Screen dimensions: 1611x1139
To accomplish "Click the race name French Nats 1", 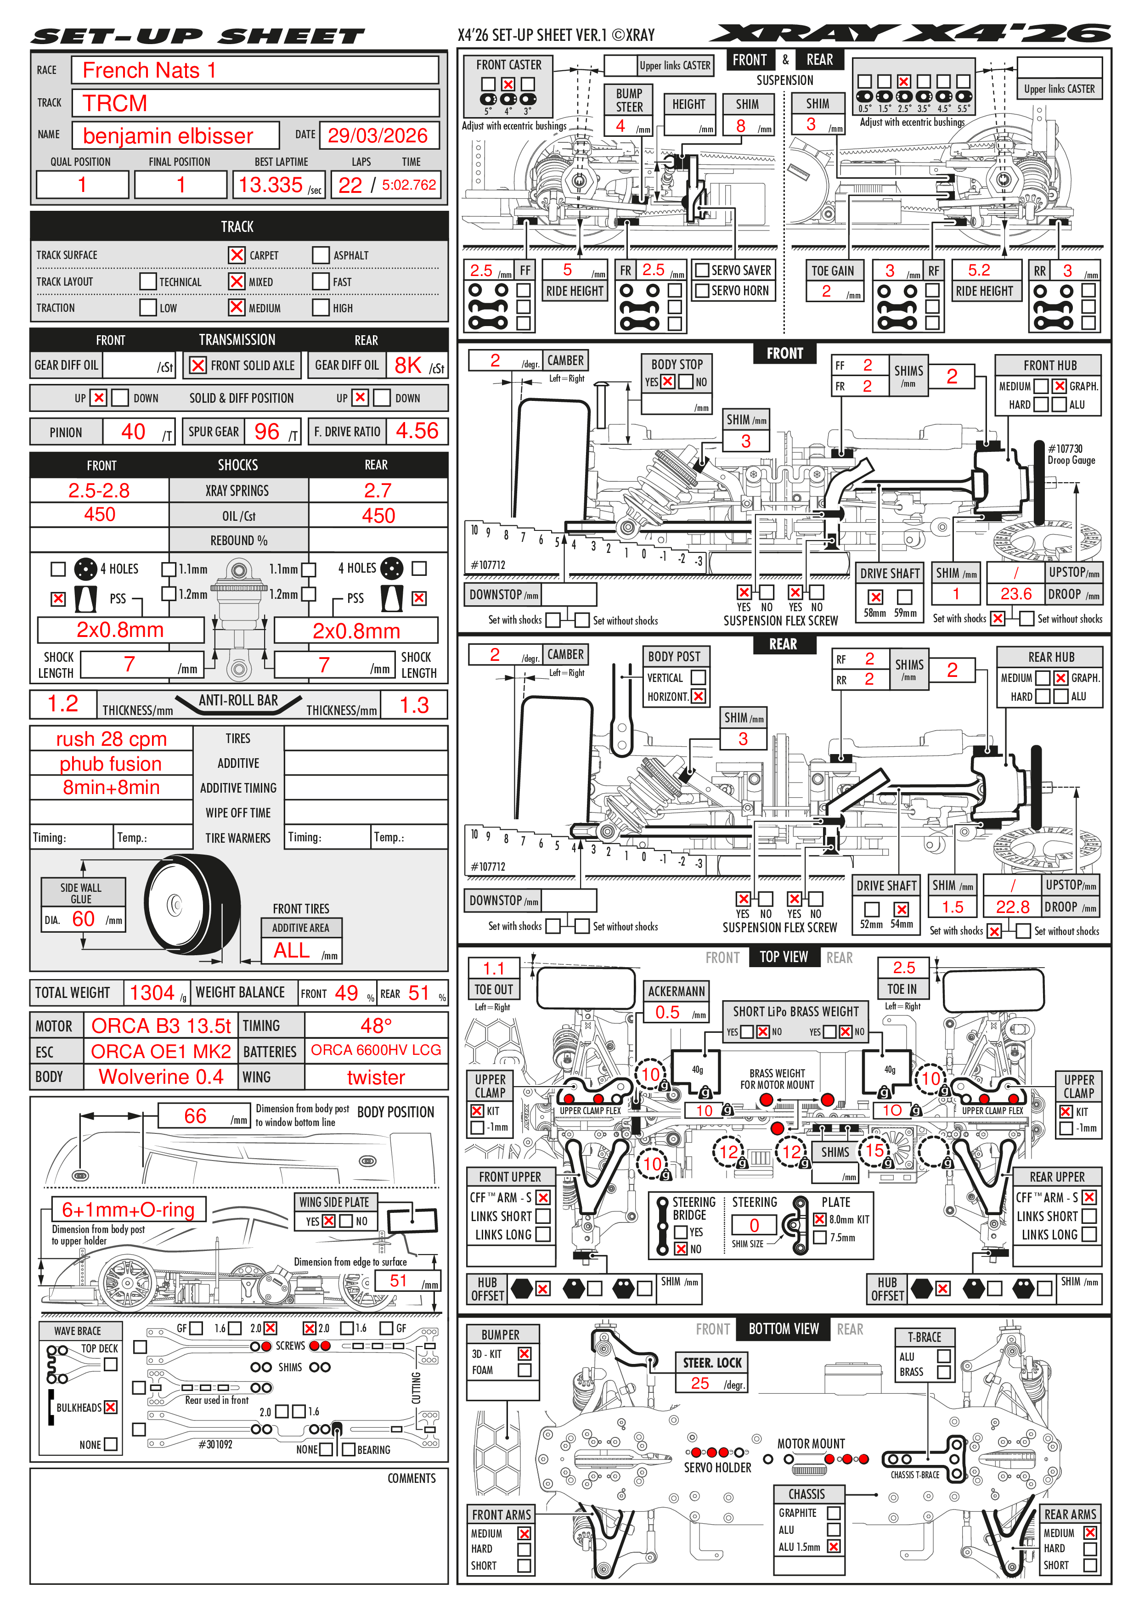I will (149, 70).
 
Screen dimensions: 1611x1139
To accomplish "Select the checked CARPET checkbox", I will (237, 255).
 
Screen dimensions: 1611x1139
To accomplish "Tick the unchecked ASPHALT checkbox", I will (321, 255).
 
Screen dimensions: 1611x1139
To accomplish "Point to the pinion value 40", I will (133, 432).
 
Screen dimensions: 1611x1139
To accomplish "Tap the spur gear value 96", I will (267, 432).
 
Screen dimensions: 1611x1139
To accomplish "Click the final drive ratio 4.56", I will (417, 431).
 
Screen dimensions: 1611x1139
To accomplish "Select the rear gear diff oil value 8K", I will (408, 365).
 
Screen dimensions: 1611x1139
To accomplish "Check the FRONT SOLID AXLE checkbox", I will (198, 365).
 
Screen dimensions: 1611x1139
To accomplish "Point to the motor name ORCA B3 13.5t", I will (161, 1026).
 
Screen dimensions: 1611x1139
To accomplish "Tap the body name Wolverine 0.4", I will (161, 1076).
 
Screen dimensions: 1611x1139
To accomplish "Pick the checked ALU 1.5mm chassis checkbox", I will (834, 1546).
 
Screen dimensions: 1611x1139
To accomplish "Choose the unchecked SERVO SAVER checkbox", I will (702, 270).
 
